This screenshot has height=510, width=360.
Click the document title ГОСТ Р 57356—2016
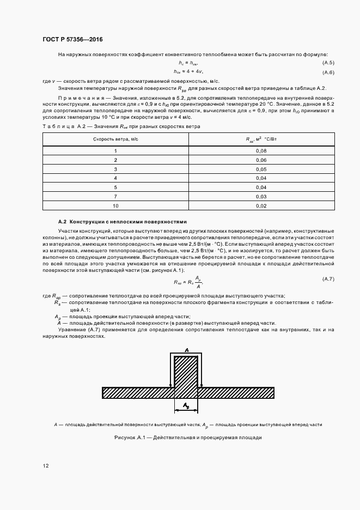(x=72, y=40)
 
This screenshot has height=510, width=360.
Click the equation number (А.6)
(x=328, y=72)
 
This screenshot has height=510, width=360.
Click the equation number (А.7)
(x=328, y=279)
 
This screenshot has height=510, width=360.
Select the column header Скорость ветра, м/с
(x=115, y=139)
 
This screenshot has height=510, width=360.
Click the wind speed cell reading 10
(x=115, y=206)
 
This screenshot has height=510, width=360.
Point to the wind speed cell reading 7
(x=115, y=197)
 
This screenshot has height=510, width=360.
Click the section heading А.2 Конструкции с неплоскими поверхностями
(x=122, y=222)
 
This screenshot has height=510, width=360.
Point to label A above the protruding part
(x=187, y=349)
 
